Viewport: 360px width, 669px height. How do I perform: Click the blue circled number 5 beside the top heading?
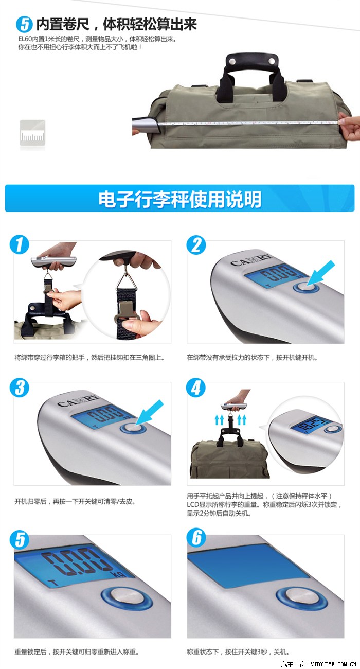coord(24,24)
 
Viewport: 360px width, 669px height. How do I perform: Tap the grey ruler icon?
coord(32,133)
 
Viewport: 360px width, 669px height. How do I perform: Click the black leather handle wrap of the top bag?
coord(251,61)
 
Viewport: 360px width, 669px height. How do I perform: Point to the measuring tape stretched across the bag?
coord(248,122)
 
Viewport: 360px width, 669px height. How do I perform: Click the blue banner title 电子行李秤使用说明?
coord(179,199)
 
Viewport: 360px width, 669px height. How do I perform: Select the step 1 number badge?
coord(20,244)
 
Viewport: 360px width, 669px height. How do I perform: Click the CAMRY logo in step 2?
coord(252,260)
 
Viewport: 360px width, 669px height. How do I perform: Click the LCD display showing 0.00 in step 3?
coord(101,415)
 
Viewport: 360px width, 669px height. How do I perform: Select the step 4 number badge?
coord(196,388)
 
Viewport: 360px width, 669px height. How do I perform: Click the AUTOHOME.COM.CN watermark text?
coord(333,664)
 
